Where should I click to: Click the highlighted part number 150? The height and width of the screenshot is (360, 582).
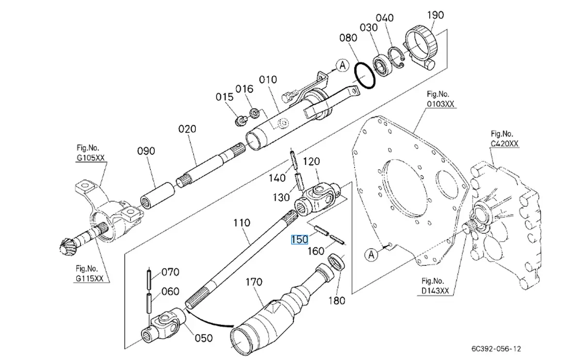point(299,240)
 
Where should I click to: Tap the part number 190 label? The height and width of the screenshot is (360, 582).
point(435,15)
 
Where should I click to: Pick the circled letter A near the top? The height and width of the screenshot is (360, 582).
point(343,65)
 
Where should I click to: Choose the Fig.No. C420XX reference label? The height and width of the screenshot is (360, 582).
point(504,138)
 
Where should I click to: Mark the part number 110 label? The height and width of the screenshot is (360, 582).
point(241,223)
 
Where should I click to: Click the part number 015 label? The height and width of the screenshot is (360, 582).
point(225,97)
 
